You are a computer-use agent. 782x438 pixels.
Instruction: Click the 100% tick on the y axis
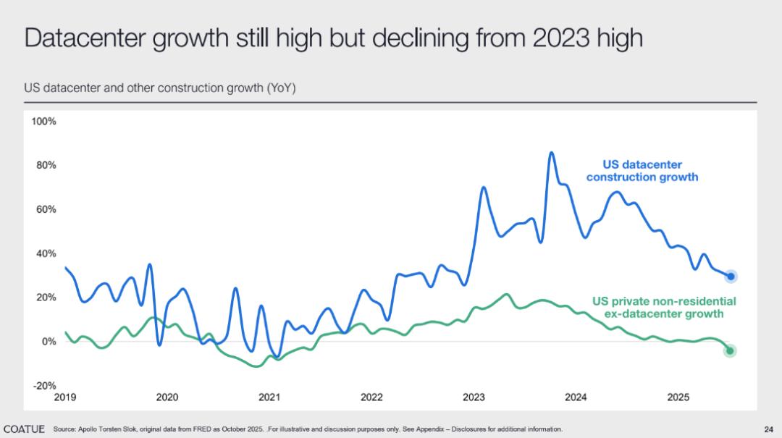pos(43,121)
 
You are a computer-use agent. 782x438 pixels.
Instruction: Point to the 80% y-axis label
pos(46,165)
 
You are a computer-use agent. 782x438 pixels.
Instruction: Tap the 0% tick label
pos(49,342)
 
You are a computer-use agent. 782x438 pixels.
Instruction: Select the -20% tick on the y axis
pos(44,386)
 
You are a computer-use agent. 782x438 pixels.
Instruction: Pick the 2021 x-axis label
pos(269,397)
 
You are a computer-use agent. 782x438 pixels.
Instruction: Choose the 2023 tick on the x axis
pos(474,397)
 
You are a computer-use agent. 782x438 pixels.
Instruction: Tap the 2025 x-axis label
pos(678,397)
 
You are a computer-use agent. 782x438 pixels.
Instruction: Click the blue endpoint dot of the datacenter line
pos(731,276)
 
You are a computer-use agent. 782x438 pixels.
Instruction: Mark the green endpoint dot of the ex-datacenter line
pos(730,351)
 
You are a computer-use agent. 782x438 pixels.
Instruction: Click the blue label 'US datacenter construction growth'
pos(642,171)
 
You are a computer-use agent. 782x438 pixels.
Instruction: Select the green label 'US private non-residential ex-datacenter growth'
pos(664,307)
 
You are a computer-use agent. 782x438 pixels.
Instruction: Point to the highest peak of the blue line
pos(551,153)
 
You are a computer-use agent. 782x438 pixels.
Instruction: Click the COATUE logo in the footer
pos(24,429)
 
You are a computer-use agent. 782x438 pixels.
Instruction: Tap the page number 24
pos(768,429)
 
